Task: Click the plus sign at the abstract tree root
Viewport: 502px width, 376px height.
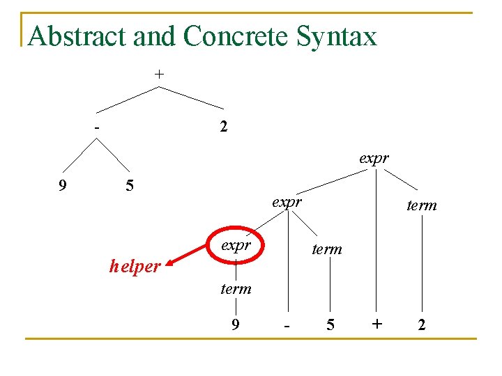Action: [160, 73]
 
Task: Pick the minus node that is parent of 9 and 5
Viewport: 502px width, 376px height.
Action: [98, 128]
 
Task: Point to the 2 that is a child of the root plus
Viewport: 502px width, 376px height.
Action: [222, 127]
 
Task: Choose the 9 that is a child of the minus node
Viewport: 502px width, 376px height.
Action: [63, 186]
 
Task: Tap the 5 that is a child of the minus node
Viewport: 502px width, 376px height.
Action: [128, 186]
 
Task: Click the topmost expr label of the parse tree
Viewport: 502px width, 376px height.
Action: [374, 159]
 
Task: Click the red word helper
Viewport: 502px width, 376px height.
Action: [135, 266]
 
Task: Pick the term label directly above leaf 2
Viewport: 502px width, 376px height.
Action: [421, 205]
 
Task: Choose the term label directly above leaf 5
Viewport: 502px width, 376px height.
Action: [326, 249]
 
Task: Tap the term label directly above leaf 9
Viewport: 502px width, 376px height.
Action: [236, 288]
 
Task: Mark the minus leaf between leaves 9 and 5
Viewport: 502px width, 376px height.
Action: [286, 325]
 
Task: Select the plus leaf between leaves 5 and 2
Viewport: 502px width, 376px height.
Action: [377, 324]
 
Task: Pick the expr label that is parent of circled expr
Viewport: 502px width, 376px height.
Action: [287, 203]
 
